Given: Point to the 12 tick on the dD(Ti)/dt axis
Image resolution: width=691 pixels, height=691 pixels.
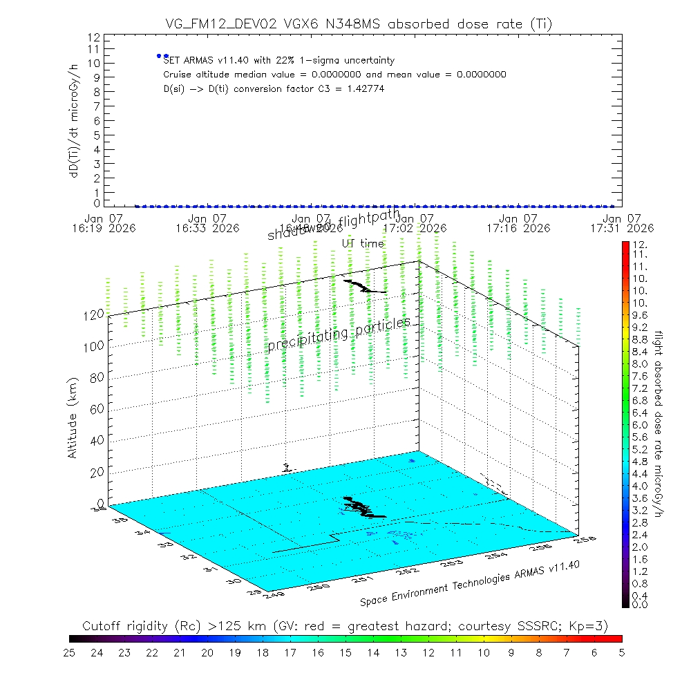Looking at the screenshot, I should click(x=95, y=37).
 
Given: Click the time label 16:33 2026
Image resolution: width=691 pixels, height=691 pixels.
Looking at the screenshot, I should click(x=207, y=227).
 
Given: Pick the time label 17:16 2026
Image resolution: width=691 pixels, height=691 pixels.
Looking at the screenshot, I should click(x=518, y=227).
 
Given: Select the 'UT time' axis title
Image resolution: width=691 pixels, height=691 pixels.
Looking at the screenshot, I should click(x=363, y=243).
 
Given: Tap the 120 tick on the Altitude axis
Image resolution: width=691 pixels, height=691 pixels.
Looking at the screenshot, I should click(x=95, y=314).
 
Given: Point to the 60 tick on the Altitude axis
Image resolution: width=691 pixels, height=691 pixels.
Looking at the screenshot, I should click(x=96, y=408).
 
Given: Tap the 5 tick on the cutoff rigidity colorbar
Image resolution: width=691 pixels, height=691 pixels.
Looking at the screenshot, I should click(x=621, y=652).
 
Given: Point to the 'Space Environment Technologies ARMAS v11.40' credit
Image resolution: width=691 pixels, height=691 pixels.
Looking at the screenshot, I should click(x=470, y=584).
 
